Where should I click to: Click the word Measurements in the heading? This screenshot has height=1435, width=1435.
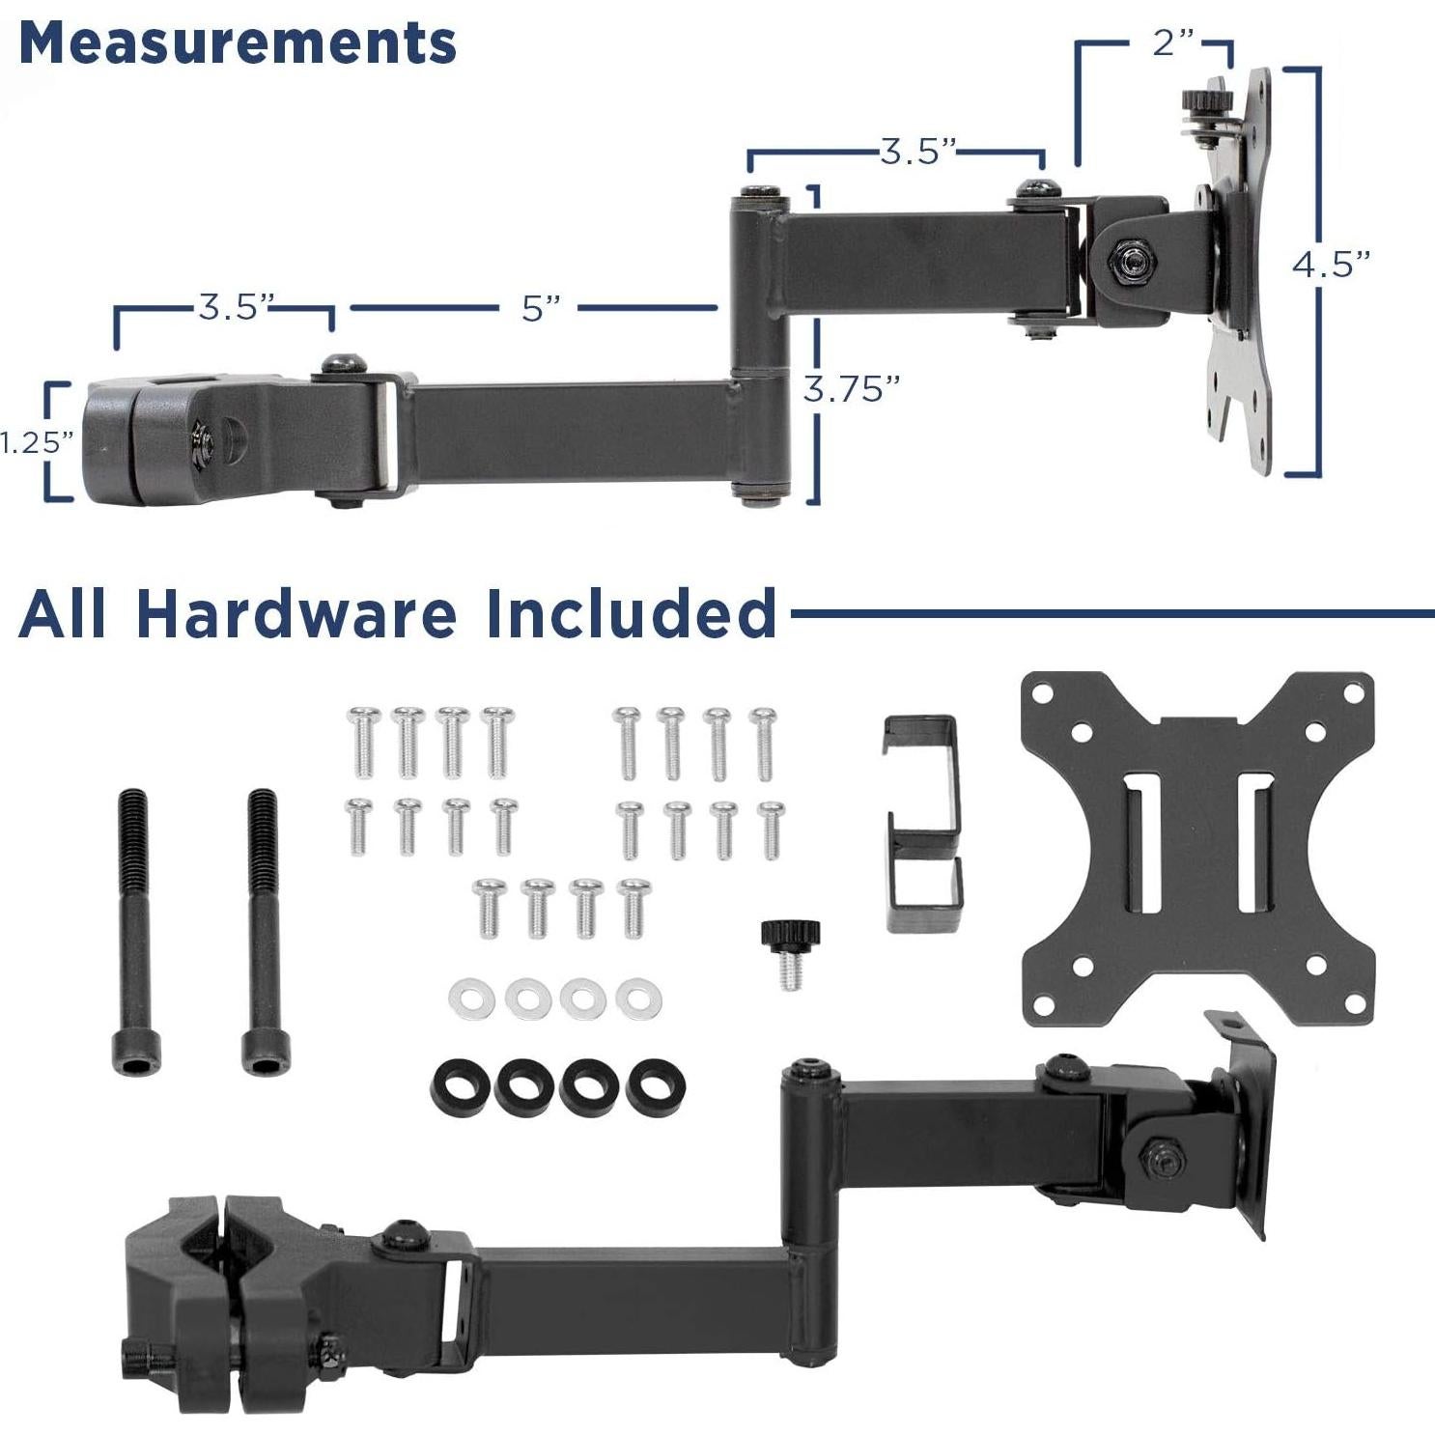pos(237,42)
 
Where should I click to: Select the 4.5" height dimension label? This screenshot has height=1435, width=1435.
pos(1332,264)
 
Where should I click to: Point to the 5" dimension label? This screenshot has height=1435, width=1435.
pos(541,309)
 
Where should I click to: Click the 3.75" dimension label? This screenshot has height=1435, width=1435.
pos(851,389)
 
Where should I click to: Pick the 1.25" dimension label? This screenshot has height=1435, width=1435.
pos(37,442)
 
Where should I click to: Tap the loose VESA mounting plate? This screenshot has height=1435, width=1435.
pos(1197,846)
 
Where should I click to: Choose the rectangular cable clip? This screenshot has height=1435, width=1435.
pos(922,824)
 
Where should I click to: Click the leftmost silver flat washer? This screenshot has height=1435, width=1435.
pos(471,999)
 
